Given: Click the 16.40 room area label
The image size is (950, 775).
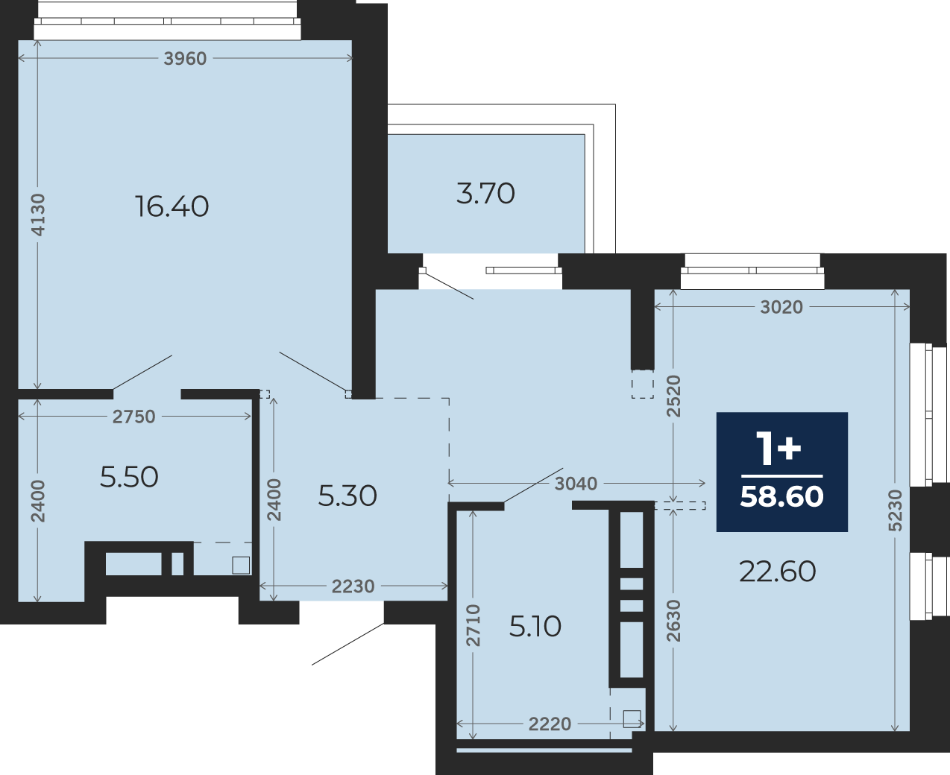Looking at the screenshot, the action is click(172, 206).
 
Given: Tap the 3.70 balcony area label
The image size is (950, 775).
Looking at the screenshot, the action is click(485, 194).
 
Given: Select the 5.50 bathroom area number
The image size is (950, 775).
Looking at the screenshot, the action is click(129, 477).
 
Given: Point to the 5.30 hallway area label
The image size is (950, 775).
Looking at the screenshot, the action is click(347, 496).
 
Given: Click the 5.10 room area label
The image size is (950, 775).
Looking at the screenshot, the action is click(535, 626).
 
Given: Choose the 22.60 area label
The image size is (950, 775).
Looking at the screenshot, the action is click(778, 572).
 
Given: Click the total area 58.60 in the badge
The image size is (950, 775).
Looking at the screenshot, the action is click(782, 496).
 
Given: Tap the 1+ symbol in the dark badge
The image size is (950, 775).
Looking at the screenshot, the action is click(778, 448).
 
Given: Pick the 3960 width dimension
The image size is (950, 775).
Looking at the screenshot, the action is click(185, 59).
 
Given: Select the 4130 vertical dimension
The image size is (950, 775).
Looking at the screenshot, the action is click(38, 215).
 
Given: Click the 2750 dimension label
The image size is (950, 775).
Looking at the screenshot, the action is click(133, 417).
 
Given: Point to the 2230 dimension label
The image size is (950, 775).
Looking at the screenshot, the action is click(353, 586).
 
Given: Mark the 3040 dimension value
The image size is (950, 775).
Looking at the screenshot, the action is click(576, 484).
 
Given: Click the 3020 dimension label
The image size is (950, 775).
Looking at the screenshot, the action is click(781, 307).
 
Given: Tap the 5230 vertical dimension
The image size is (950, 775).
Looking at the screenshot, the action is click(896, 510).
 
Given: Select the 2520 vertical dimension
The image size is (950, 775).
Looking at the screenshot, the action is click(673, 396).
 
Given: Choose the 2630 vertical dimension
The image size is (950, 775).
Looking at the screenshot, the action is click(673, 621).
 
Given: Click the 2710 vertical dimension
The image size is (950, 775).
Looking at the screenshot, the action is click(473, 625).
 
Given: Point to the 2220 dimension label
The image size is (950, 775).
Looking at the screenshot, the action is click(550, 724).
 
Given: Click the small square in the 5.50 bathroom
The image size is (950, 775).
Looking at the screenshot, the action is click(241, 566).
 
